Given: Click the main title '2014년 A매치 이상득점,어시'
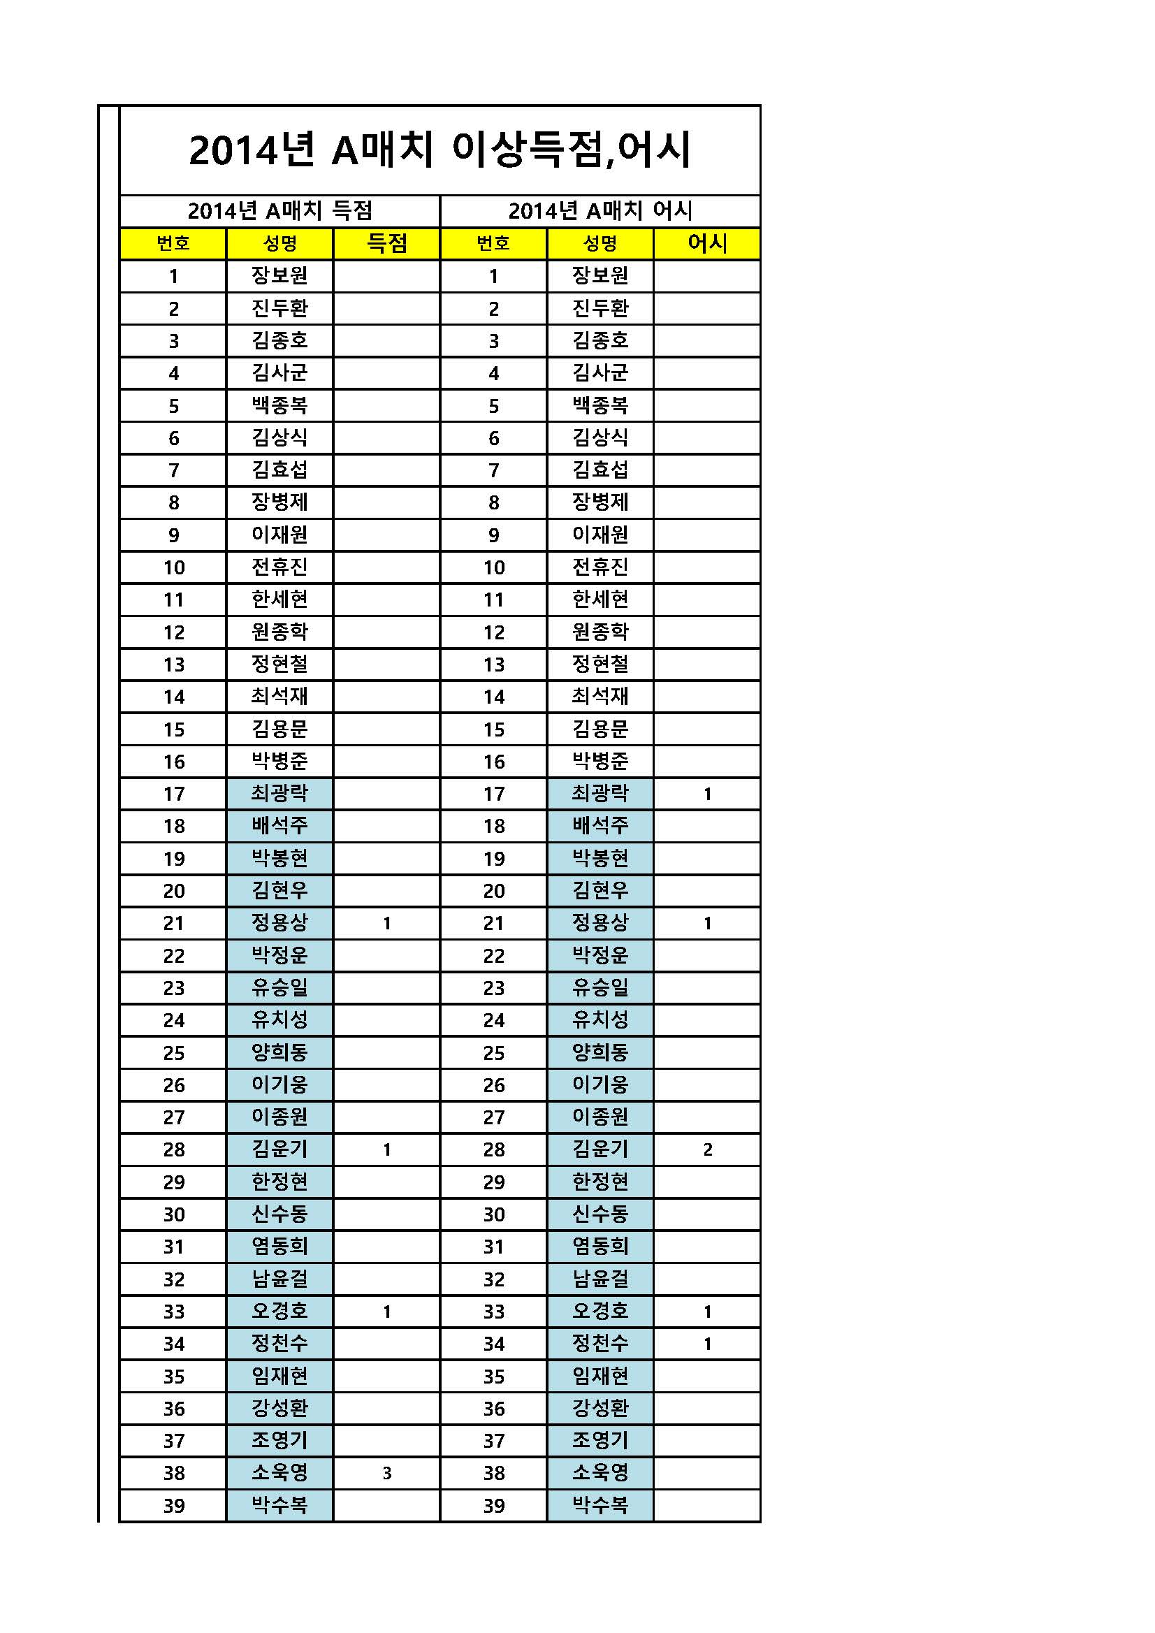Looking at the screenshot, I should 440,150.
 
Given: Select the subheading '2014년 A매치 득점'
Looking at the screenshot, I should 279,210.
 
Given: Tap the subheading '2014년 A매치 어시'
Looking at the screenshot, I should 600,210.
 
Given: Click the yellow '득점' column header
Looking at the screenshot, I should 387,243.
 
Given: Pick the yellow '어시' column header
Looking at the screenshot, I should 707,243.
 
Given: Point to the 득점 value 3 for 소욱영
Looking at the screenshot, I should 387,1473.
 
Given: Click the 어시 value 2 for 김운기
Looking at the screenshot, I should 707,1149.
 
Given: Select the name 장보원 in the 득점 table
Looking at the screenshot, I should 279,276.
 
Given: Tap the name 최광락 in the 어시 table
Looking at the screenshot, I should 600,793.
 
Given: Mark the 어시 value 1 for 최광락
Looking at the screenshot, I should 707,794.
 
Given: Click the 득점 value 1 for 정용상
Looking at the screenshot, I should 387,923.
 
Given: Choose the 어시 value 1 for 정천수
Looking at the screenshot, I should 707,1344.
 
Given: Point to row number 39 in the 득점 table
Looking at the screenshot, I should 173,1506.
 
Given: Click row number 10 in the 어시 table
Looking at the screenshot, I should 493,567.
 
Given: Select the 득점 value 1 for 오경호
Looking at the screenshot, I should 387,1312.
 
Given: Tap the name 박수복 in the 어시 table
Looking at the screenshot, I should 600,1505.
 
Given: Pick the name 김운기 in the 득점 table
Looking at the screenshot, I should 279,1149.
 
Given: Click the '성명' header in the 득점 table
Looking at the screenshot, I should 279,243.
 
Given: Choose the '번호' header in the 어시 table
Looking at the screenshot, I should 493,243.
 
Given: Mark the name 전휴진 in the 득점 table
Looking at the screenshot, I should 279,567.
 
